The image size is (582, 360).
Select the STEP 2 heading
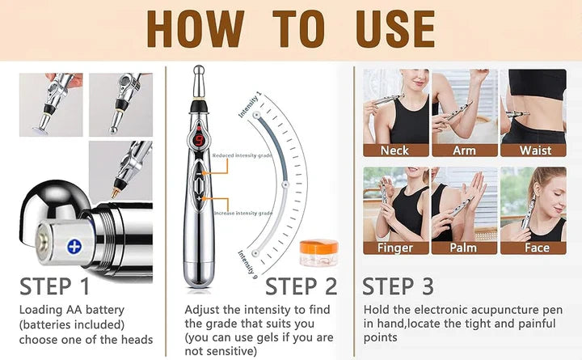click(x=302, y=286)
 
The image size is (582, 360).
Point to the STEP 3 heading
click(x=398, y=286)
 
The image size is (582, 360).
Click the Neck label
click(x=394, y=150)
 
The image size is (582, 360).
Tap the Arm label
click(x=463, y=150)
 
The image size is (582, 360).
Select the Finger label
click(x=394, y=248)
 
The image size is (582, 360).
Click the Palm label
click(x=463, y=248)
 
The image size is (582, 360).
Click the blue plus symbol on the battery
click(x=74, y=246)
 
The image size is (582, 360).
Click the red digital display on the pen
click(x=199, y=140)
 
